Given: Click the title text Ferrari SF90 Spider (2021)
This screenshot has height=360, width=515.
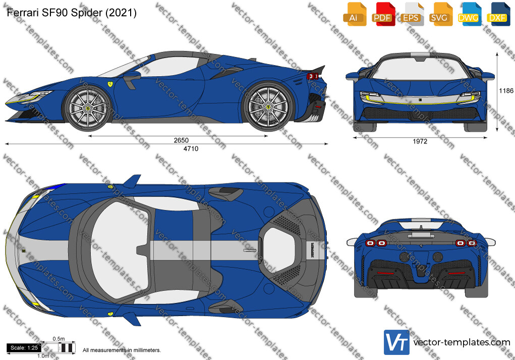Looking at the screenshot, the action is click(x=72, y=13).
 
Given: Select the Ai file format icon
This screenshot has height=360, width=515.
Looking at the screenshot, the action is click(x=355, y=14).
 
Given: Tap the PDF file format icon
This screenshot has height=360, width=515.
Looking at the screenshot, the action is click(x=383, y=14).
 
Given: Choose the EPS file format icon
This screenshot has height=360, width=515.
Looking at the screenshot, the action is click(x=412, y=14).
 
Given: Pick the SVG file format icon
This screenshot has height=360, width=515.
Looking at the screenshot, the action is click(x=440, y=14).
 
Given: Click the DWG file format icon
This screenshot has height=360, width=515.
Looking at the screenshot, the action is click(x=469, y=14).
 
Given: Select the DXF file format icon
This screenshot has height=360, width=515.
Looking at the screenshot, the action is click(x=498, y=14).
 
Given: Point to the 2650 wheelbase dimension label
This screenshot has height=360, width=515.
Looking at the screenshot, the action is click(x=181, y=140).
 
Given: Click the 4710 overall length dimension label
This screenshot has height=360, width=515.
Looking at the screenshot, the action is click(x=191, y=149).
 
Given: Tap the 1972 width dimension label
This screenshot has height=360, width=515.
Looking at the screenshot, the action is click(x=420, y=142).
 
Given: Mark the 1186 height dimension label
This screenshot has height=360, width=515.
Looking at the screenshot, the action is click(x=506, y=91).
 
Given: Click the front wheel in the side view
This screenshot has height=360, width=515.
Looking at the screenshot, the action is click(x=87, y=108).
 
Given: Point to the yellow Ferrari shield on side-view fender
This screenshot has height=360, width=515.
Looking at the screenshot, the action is click(x=110, y=83).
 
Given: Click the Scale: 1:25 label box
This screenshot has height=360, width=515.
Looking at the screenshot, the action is click(x=24, y=347).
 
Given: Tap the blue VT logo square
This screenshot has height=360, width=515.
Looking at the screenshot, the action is click(x=396, y=342).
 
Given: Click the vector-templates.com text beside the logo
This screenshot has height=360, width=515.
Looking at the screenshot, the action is click(x=462, y=343).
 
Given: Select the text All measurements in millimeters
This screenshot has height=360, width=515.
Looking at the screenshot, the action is click(x=122, y=350).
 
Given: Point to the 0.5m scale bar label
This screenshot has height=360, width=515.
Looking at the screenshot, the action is click(x=59, y=339).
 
